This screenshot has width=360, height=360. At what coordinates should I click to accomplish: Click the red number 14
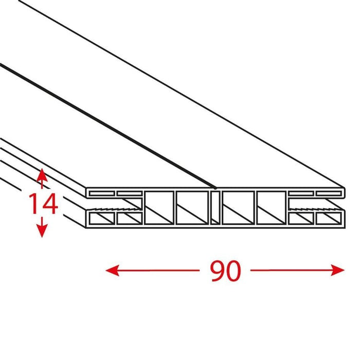(43, 204)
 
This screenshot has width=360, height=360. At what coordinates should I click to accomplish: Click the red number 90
(226, 271)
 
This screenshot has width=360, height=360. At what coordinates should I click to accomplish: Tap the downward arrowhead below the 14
(42, 230)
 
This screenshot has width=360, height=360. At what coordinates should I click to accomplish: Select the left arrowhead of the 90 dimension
(112, 270)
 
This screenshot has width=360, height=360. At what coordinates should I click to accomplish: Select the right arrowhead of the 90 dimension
(337, 270)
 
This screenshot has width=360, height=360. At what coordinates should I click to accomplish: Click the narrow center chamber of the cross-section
(215, 207)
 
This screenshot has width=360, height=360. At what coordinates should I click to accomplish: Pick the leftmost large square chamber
(159, 207)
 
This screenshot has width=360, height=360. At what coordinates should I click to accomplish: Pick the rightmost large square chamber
(271, 207)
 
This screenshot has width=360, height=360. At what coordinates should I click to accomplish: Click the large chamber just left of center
(192, 207)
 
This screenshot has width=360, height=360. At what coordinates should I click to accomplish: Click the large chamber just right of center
(238, 207)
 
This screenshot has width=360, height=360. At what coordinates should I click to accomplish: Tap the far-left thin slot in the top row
(102, 193)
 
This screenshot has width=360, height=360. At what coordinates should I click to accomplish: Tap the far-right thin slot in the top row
(328, 193)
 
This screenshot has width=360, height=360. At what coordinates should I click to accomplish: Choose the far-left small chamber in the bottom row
(102, 219)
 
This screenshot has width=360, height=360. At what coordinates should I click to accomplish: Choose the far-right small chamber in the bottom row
(328, 219)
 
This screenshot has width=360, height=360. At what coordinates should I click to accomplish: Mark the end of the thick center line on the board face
(215, 188)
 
